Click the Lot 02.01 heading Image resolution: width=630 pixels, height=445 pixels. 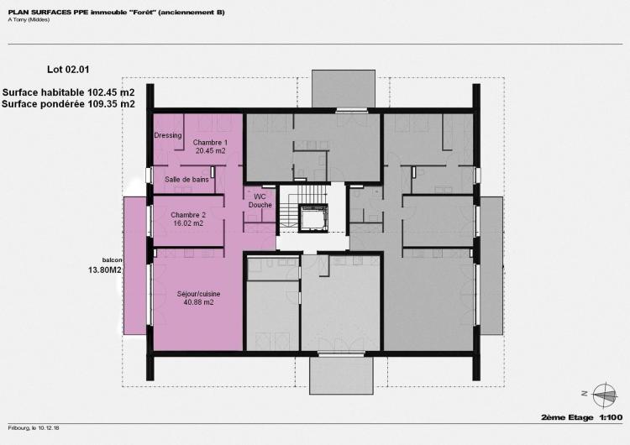point(68,70)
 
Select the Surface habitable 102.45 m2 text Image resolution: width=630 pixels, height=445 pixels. point(68,92)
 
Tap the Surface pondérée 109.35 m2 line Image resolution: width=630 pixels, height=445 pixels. point(68,104)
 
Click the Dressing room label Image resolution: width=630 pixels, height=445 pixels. point(168,135)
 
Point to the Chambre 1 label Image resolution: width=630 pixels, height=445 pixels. point(210,142)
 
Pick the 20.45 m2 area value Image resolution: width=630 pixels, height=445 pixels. point(211,150)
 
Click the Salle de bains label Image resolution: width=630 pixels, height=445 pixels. point(186,180)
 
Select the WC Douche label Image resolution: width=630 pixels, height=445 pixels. point(260,201)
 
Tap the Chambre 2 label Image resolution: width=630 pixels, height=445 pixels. point(188,215)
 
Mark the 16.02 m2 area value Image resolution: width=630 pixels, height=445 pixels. point(188,223)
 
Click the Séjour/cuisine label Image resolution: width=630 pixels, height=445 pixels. point(198,294)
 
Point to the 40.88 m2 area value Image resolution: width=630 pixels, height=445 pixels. point(198,302)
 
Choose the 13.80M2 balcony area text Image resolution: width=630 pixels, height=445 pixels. point(105,270)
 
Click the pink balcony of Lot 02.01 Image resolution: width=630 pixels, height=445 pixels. point(134,265)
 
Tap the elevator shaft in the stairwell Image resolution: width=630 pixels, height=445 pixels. point(313,218)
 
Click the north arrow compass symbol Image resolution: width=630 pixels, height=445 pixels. point(606,395)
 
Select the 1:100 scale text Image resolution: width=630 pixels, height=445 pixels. point(612,417)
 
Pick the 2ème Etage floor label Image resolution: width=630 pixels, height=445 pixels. point(567,417)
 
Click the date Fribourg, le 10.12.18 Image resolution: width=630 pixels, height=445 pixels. point(34,428)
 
